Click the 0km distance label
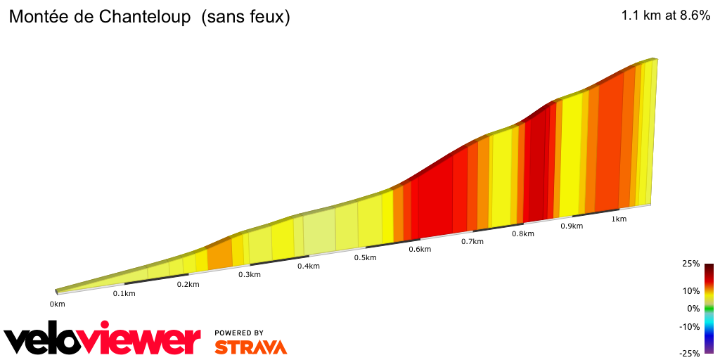tap(57, 304)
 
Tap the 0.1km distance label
tap(124, 293)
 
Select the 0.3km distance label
tap(249, 274)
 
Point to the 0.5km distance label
tap(365, 257)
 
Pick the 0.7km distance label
tap(472, 241)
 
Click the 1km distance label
tap(619, 219)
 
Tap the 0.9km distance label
tap(572, 226)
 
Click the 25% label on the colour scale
tap(691, 264)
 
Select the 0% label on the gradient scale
tap(693, 308)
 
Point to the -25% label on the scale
tap(690, 354)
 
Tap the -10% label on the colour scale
tap(690, 326)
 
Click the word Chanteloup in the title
tap(141, 18)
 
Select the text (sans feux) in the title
tap(245, 18)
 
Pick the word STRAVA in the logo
tap(250, 347)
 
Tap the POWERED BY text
tap(239, 333)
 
